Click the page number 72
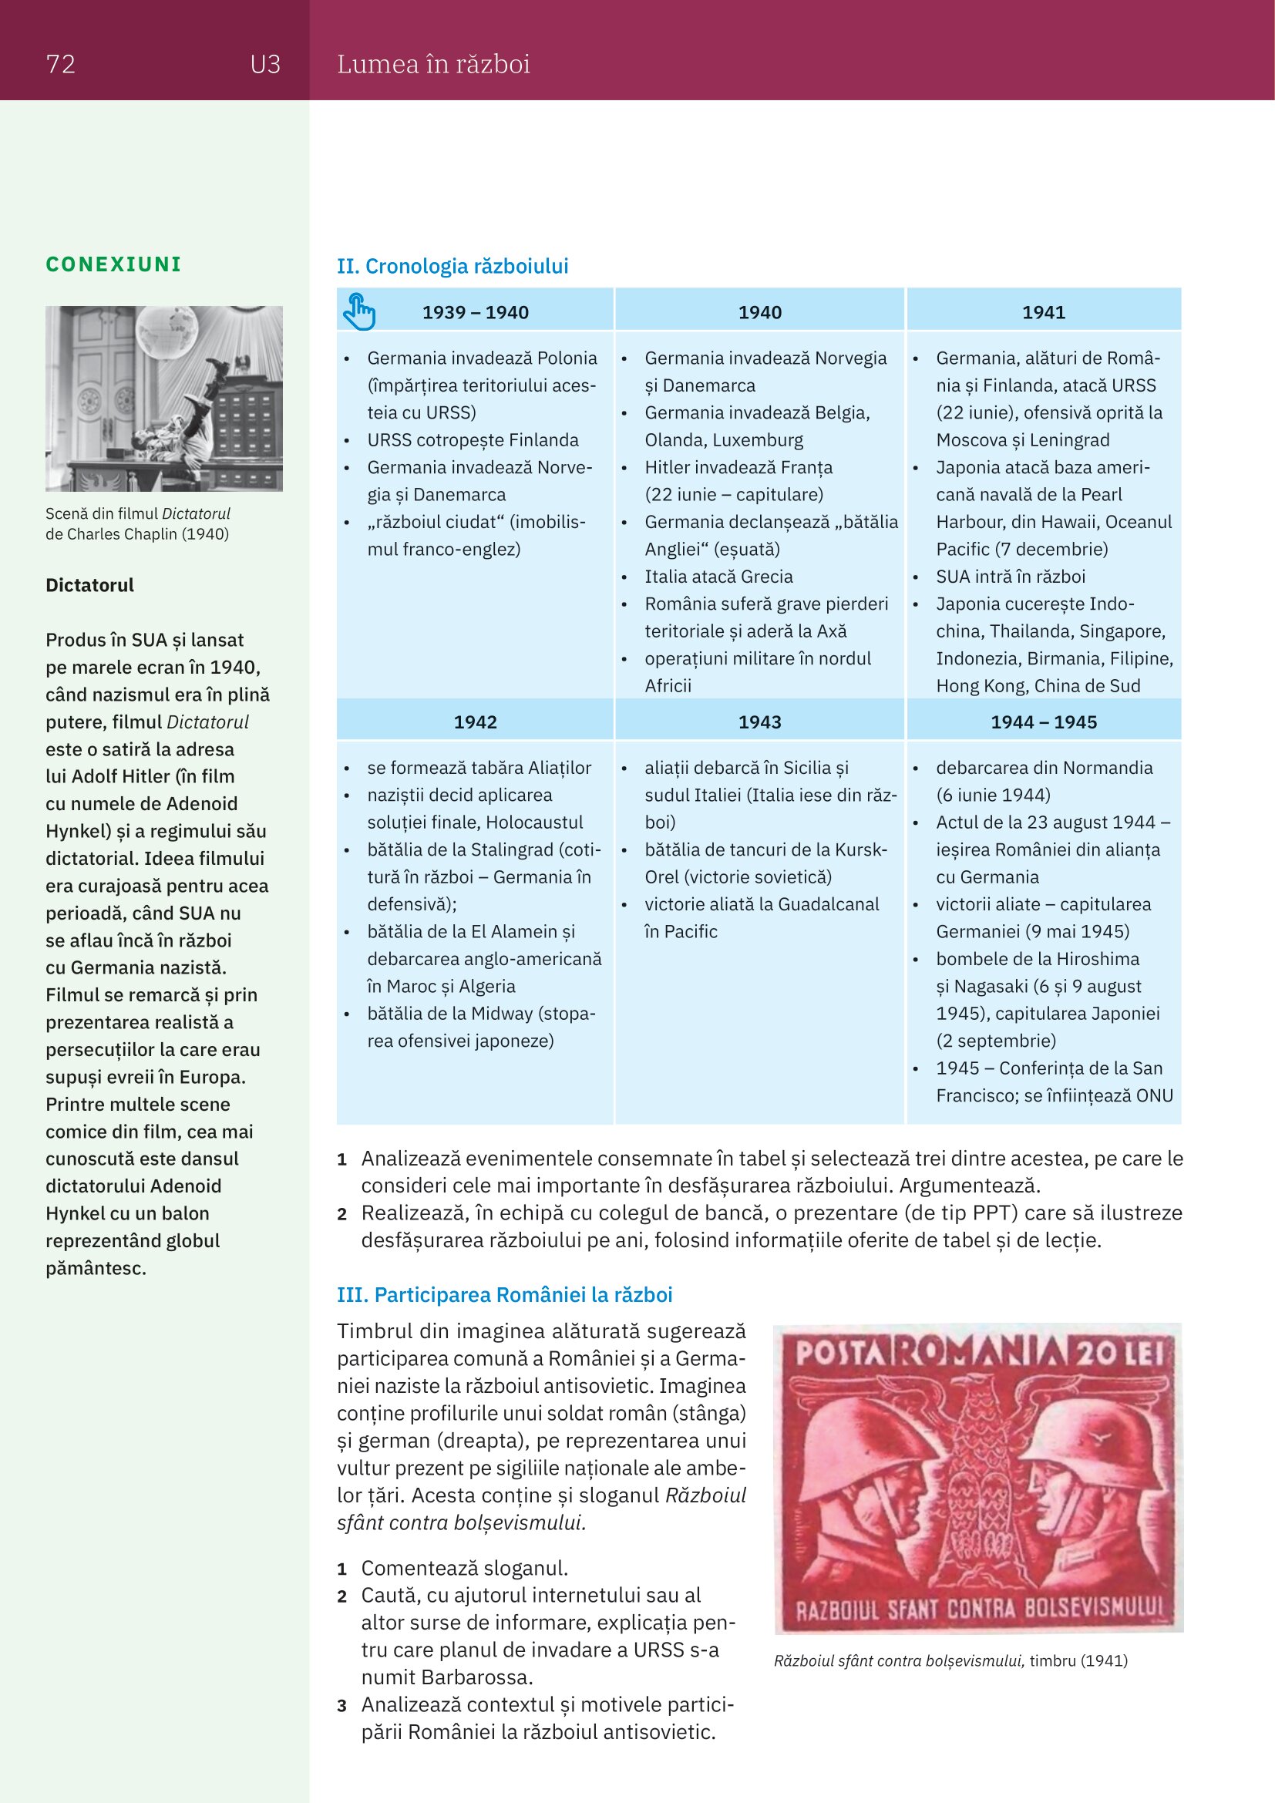[x=60, y=64]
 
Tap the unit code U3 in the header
[x=265, y=64]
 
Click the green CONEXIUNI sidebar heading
[x=113, y=264]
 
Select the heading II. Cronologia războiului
[x=452, y=266]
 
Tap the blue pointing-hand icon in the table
[x=358, y=311]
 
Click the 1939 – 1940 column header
[x=475, y=312]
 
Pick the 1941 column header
[x=1044, y=312]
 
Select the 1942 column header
[x=475, y=722]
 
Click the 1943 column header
[x=759, y=722]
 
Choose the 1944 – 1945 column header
[x=1044, y=722]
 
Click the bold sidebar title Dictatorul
[x=89, y=585]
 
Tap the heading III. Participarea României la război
[x=504, y=1295]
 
